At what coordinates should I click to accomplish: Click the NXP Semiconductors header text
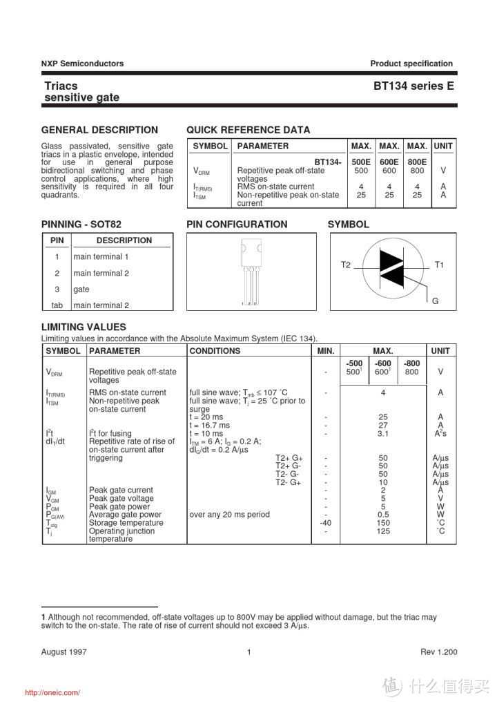point(82,64)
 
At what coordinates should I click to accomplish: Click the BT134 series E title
point(413,86)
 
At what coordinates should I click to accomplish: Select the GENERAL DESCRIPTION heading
point(99,130)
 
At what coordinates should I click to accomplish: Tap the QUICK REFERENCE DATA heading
point(248,130)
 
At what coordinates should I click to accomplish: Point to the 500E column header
point(361,162)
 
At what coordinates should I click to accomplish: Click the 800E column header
point(417,162)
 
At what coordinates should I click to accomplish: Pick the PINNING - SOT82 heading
point(81,225)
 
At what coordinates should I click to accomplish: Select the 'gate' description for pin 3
point(81,289)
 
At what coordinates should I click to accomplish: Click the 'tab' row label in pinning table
point(57,305)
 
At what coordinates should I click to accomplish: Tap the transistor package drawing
point(251,271)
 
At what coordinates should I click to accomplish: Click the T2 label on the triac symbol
point(346,265)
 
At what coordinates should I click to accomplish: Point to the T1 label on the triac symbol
point(439,265)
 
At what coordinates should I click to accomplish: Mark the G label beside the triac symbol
point(436,301)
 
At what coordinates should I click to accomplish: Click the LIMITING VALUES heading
point(84,327)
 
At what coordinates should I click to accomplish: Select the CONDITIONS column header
point(215,351)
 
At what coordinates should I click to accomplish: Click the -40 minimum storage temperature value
point(326,523)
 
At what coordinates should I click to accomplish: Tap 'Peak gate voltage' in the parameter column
point(121,498)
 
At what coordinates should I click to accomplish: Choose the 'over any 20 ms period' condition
point(229,515)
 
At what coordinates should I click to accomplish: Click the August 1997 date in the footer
point(64,652)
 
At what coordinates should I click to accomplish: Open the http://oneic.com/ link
point(52,693)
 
